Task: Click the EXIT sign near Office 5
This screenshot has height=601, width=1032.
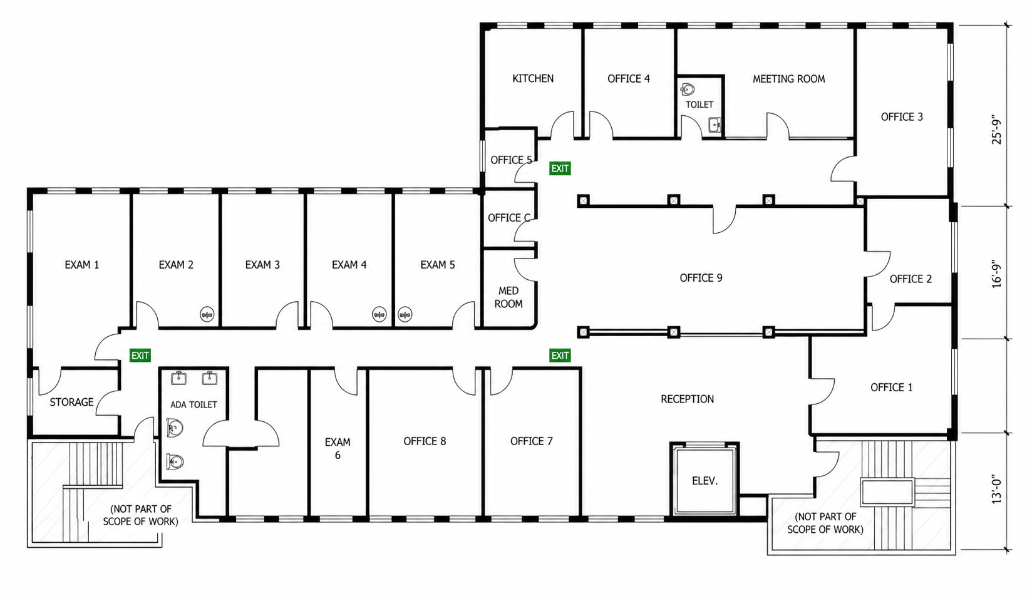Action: pos(560,168)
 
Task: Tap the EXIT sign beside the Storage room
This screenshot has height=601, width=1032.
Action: pos(140,356)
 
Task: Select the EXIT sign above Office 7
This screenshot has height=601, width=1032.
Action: pos(560,356)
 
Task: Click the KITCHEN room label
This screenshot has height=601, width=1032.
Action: pos(533,79)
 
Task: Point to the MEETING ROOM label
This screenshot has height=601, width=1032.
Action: pos(789,80)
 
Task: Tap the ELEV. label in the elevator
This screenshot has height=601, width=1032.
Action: pos(705,481)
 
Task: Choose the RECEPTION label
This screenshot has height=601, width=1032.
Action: pos(688,399)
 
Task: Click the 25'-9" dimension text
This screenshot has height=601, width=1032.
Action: pos(996,130)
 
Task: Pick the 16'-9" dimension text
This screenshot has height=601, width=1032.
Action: pos(996,272)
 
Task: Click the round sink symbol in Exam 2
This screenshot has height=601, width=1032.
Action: pos(207,314)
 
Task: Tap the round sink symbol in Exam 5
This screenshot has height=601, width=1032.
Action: pos(405,314)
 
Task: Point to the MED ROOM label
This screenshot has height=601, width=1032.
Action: pos(508,297)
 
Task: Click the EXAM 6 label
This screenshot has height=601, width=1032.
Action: pos(338,449)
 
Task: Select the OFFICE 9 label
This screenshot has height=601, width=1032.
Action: pos(701,278)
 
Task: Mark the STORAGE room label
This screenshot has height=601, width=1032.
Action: pos(71,403)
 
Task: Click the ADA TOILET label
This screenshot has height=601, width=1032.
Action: pos(194,405)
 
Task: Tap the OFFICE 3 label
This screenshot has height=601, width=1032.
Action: pos(902,117)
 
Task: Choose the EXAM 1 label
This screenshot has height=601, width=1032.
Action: pos(82,265)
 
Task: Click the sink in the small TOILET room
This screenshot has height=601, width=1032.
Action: pos(715,125)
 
